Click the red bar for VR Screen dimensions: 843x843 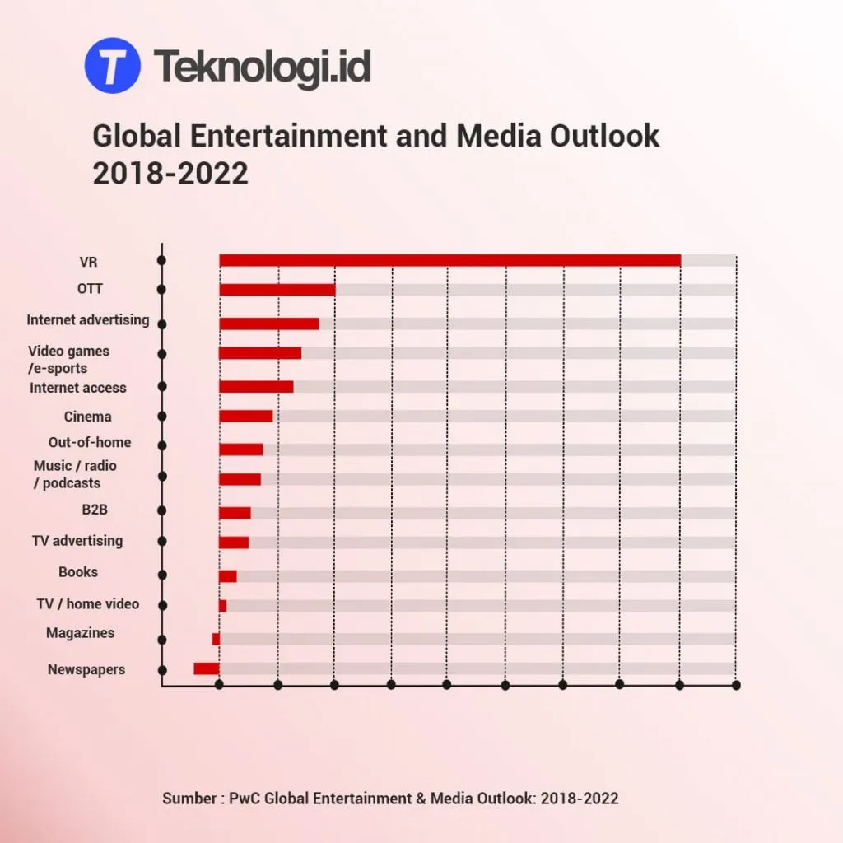pyautogui.click(x=449, y=260)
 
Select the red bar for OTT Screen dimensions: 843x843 pyautogui.click(x=277, y=290)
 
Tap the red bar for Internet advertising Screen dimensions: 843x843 pyautogui.click(x=269, y=324)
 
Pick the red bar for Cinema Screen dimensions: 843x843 pyautogui.click(x=246, y=417)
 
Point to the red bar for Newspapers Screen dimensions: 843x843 pyautogui.click(x=207, y=668)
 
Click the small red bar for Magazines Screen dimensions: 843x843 pyautogui.click(x=216, y=639)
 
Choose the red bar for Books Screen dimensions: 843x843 pyautogui.click(x=228, y=575)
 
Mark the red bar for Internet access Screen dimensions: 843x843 pyautogui.click(x=256, y=386)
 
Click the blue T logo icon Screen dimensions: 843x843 pyautogui.click(x=113, y=65)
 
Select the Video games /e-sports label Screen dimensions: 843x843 pyautogui.click(x=68, y=359)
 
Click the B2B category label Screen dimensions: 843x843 pyautogui.click(x=95, y=510)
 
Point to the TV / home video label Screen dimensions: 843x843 pyautogui.click(x=88, y=603)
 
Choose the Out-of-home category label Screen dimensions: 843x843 pyautogui.click(x=89, y=442)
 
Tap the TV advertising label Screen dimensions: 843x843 pyautogui.click(x=77, y=541)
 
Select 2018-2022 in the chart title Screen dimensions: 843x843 pyautogui.click(x=170, y=174)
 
